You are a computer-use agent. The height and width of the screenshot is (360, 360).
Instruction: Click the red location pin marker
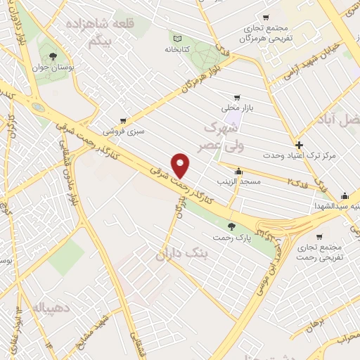[x=181, y=165]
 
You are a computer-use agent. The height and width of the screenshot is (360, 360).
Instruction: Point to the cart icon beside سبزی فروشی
[x=124, y=120]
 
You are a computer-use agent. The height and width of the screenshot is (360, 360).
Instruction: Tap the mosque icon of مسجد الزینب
[x=239, y=171]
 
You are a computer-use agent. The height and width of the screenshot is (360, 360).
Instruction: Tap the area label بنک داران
[x=180, y=255]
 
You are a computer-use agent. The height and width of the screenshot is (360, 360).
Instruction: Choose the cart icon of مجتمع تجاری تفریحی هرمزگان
[x=266, y=18]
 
